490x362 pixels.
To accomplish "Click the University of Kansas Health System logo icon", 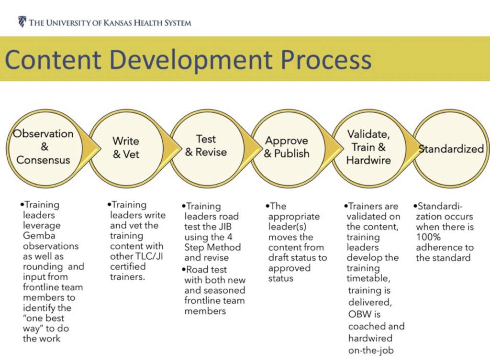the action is click(x=22, y=22).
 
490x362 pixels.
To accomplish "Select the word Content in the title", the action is click(x=53, y=59).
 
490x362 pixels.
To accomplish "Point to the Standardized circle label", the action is click(x=451, y=149).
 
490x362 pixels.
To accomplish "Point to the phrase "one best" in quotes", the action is click(x=44, y=318).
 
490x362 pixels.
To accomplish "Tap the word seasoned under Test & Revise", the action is click(x=224, y=290).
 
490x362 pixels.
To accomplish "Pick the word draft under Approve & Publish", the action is click(x=279, y=257).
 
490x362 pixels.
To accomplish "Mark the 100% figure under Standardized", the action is click(x=428, y=237).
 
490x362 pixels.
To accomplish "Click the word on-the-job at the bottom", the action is click(x=371, y=350).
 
